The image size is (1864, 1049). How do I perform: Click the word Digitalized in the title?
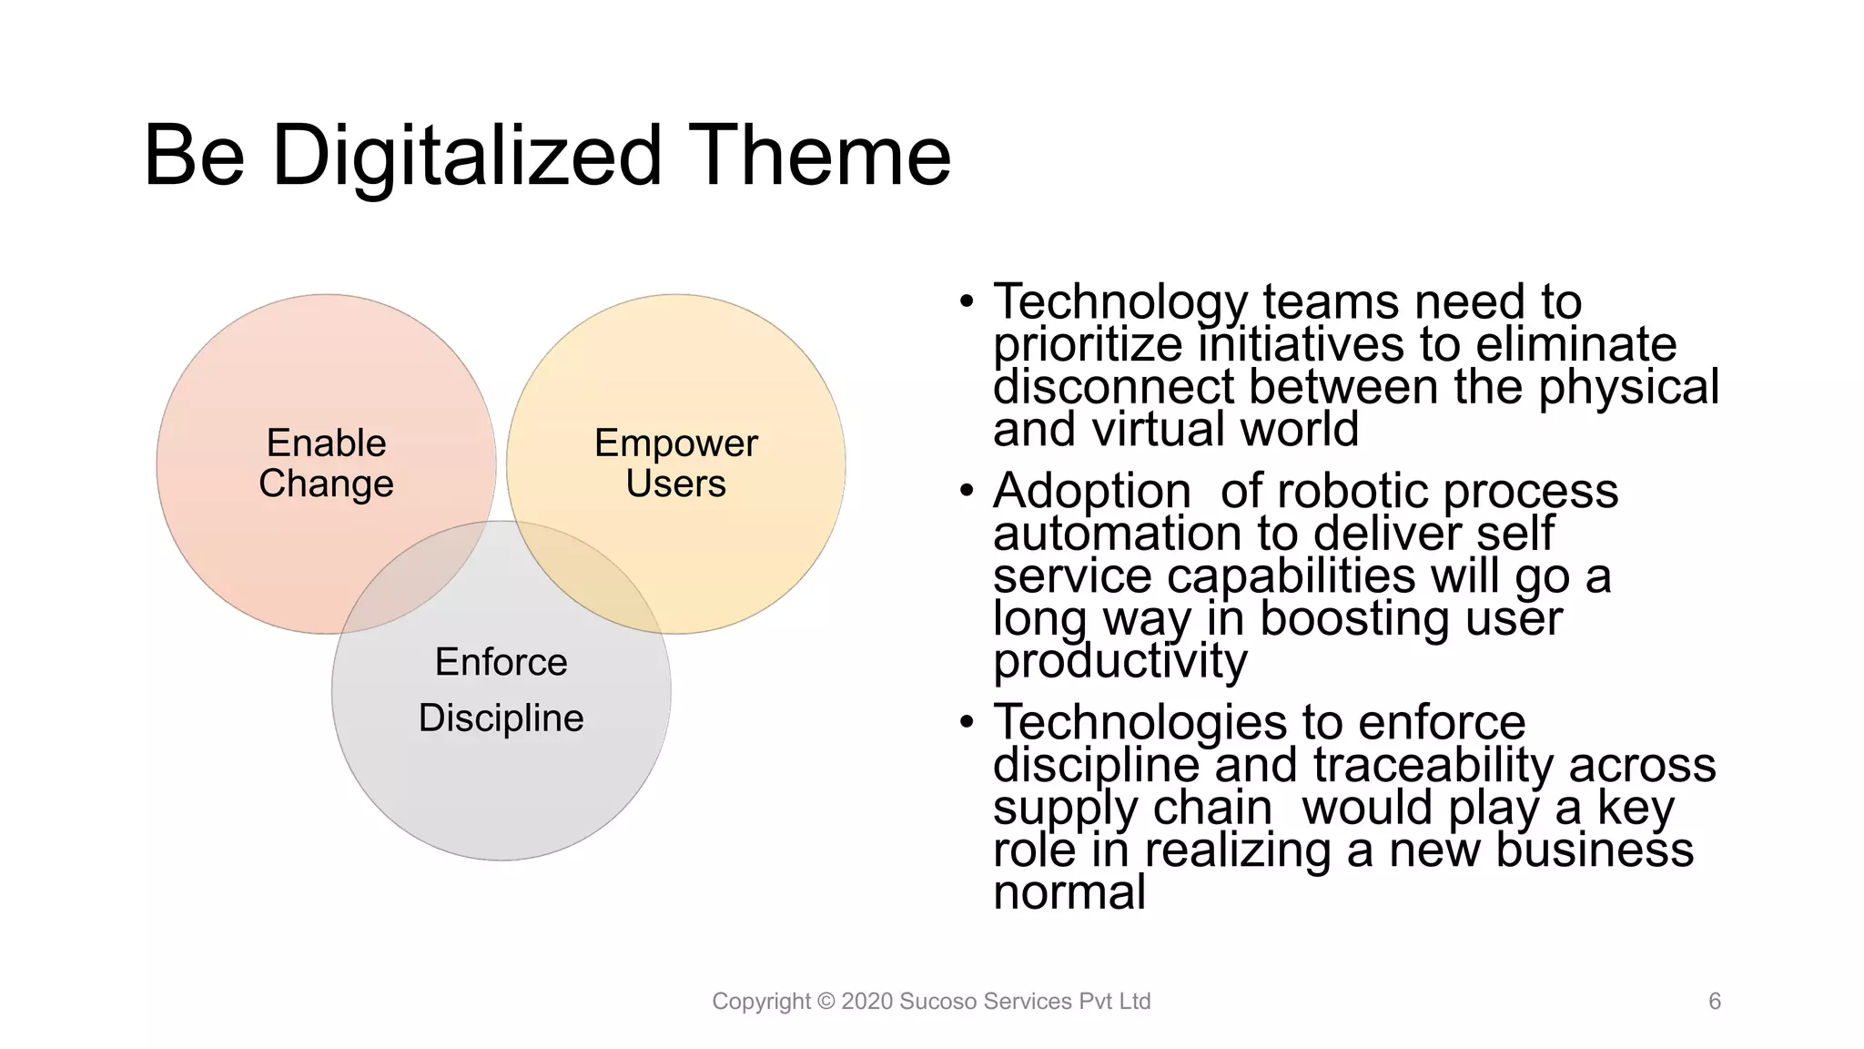[466, 157]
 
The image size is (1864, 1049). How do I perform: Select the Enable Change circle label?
[326, 463]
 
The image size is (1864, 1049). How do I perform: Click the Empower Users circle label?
[675, 463]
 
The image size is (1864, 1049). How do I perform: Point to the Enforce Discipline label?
[501, 689]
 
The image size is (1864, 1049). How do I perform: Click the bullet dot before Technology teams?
[967, 301]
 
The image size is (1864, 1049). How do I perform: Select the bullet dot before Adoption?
[967, 491]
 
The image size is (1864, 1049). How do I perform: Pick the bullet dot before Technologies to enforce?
[967, 722]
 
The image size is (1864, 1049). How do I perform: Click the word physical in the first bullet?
[1628, 387]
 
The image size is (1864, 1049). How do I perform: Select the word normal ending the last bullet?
[1069, 891]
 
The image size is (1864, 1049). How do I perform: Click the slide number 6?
[1715, 1002]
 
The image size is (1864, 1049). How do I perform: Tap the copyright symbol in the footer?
[826, 1002]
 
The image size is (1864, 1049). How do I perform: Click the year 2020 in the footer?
[866, 1002]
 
